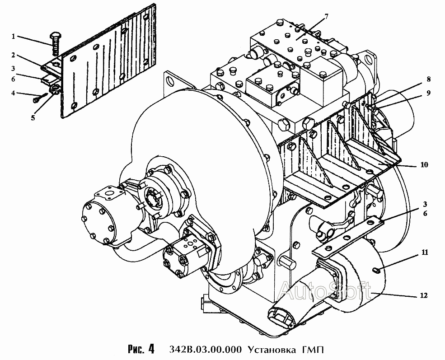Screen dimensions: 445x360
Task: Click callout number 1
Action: [x=13, y=36]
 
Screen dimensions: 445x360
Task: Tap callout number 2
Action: [x=13, y=55]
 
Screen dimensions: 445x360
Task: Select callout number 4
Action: [x=13, y=93]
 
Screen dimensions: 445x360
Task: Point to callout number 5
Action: [x=33, y=118]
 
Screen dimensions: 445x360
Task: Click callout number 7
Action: [x=326, y=16]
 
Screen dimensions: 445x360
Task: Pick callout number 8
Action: [x=428, y=79]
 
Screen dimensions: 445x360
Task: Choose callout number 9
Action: [x=428, y=93]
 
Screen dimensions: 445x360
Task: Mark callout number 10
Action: [x=424, y=164]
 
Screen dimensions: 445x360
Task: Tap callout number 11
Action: [x=425, y=252]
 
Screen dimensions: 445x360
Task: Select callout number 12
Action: [x=424, y=295]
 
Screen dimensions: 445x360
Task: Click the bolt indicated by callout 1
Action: [x=55, y=43]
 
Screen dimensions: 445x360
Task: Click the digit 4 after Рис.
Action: [x=151, y=349]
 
